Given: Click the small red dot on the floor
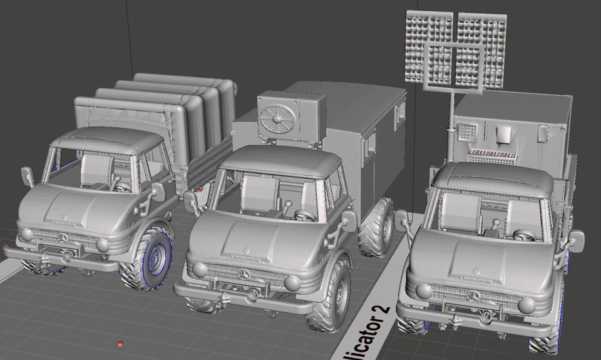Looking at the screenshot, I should (120, 344).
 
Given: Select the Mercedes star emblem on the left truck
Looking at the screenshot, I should (63, 238).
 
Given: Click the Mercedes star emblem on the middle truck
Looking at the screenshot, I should (244, 274).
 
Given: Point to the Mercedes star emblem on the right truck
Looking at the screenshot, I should (474, 296).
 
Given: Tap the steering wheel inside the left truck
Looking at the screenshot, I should (122, 187).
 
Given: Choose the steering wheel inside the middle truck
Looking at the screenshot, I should (305, 216).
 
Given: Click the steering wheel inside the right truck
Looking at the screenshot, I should (523, 235).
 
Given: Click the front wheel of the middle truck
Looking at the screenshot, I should (333, 296).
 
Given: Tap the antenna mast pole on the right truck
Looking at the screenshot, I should (450, 125).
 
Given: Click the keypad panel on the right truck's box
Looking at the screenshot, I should (466, 132).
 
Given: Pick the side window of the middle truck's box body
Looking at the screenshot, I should (371, 144).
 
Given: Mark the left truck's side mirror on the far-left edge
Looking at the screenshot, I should (28, 177).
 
